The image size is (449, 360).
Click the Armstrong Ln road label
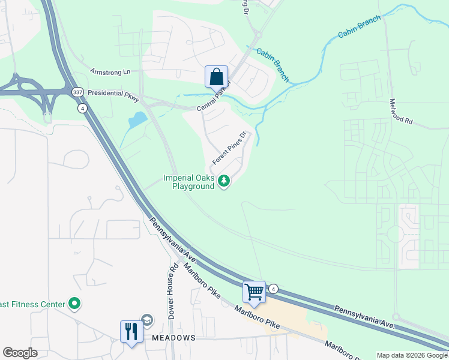110,72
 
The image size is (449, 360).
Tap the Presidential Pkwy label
112,94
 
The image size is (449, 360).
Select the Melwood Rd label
400,112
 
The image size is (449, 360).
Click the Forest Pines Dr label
229,149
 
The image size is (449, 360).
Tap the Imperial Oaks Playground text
188,182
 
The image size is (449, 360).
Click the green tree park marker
224,181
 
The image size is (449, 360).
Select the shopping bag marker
216,77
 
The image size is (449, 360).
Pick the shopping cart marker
254,292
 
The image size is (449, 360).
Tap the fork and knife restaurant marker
131,331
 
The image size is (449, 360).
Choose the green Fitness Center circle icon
74,304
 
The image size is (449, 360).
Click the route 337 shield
77,93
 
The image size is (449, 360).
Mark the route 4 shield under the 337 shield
82,108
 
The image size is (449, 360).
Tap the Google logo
20,353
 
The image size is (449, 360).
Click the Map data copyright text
412,355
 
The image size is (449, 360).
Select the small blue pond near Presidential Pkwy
137,119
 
